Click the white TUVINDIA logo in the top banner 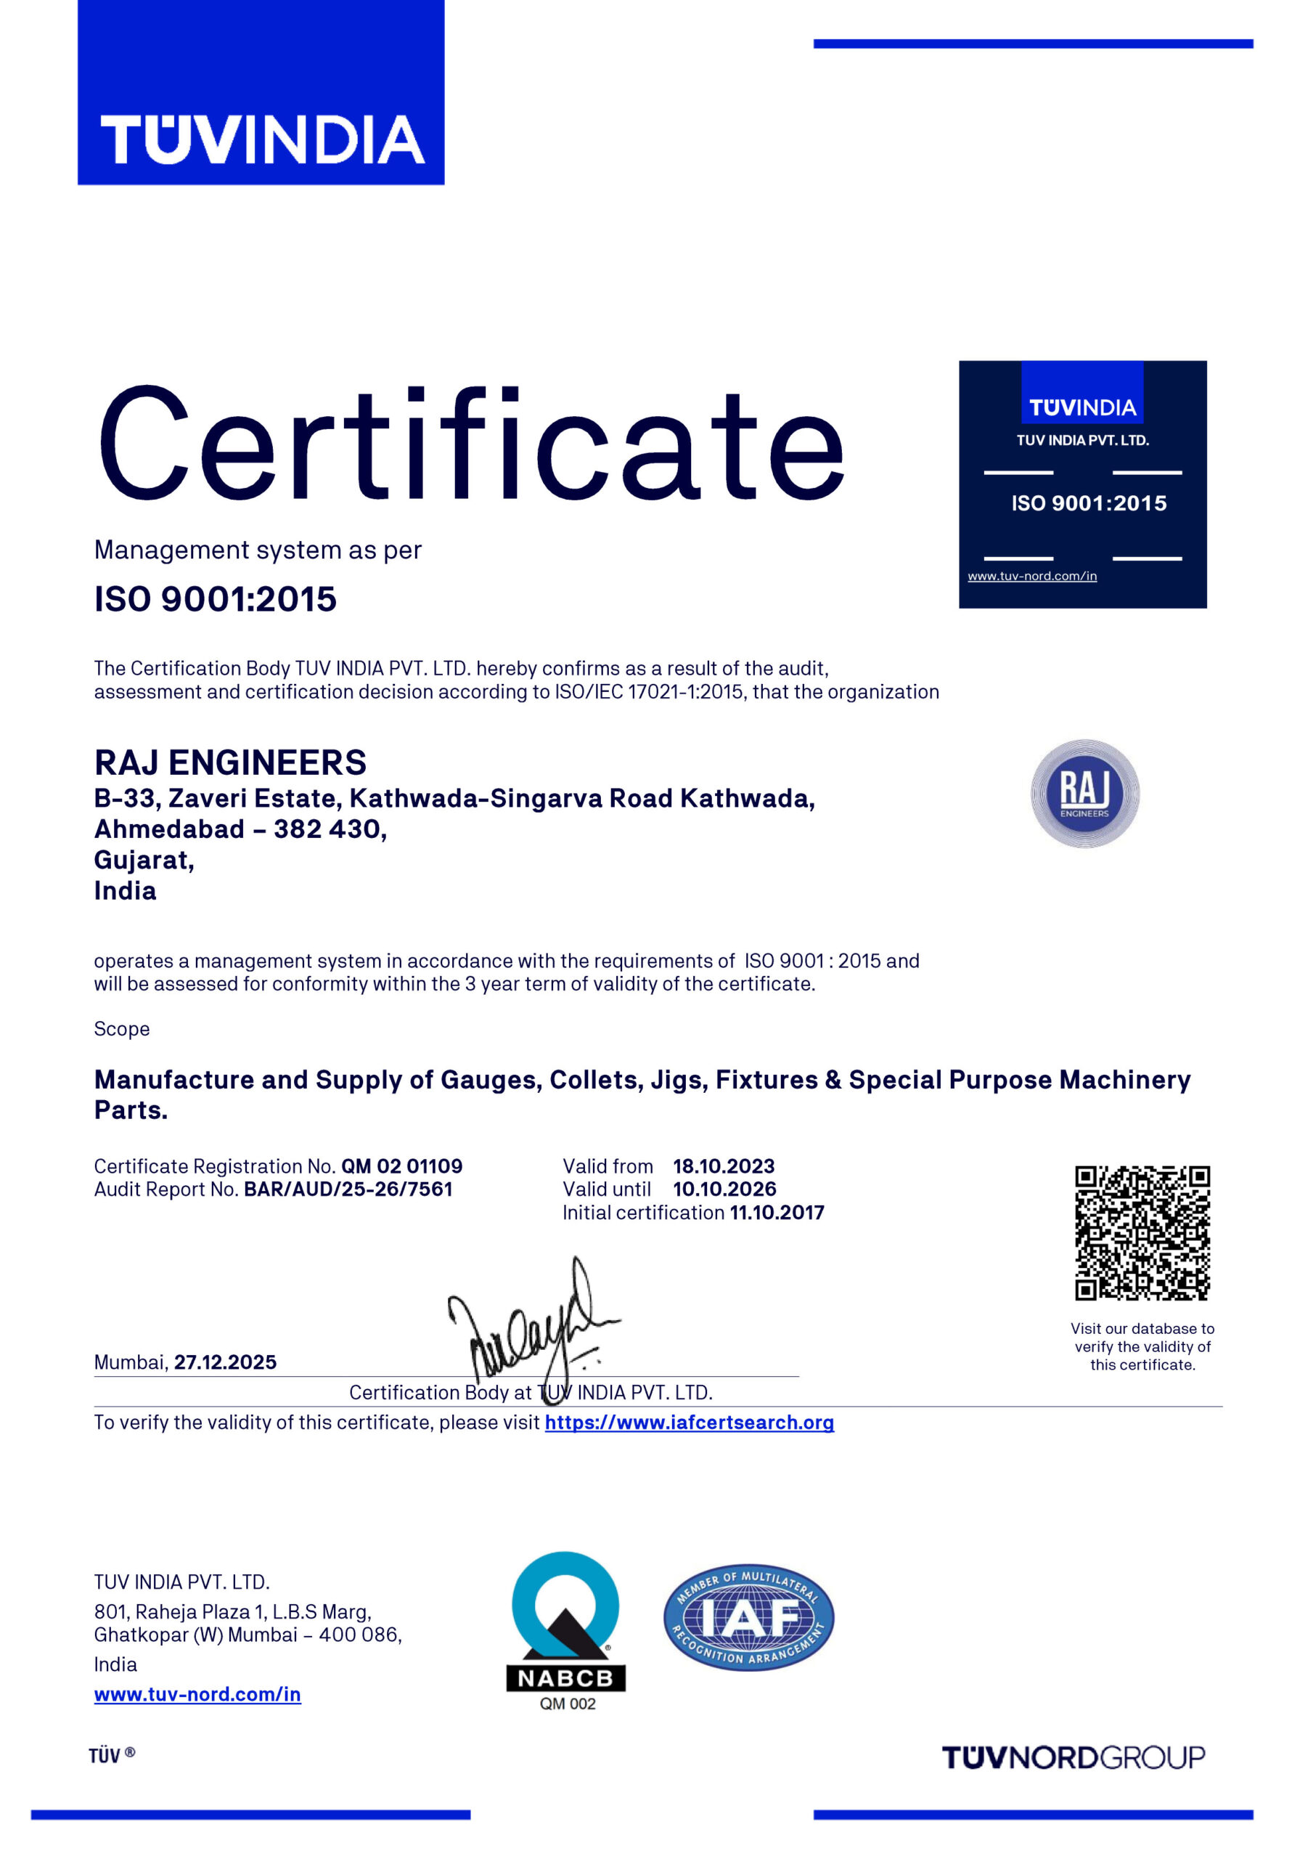261,139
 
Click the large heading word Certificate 471,444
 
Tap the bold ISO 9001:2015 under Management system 216,599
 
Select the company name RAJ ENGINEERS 231,762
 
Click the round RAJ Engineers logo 1084,794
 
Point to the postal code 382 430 330,829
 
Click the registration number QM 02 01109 401,1166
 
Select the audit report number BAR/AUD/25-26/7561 348,1189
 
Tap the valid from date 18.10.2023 724,1166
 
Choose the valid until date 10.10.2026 724,1189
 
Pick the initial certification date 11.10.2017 777,1212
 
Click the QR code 1141,1232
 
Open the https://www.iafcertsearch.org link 689,1423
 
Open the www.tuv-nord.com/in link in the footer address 197,1694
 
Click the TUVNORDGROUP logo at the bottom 1074,1758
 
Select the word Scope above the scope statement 121,1028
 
